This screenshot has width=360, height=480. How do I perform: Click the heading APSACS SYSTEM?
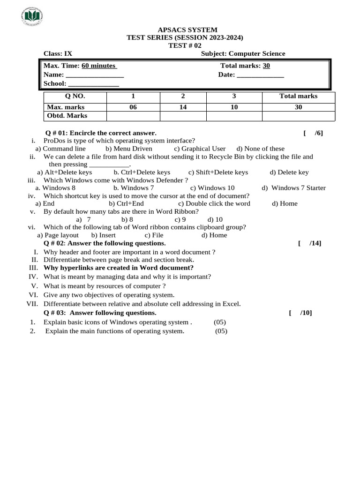pyautogui.click(x=187, y=30)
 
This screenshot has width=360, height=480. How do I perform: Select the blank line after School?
pyautogui.click(x=93, y=84)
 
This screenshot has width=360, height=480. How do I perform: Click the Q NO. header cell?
pyautogui.click(x=75, y=97)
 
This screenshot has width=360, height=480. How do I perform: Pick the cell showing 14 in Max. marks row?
pyautogui.click(x=183, y=107)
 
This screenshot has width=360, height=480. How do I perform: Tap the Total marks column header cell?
pyautogui.click(x=298, y=97)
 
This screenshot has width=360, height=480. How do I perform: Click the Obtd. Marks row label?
pyautogui.click(x=67, y=116)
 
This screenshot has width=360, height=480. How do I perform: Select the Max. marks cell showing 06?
pyautogui.click(x=133, y=107)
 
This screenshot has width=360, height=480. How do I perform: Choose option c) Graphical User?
pyautogui.click(x=200, y=149)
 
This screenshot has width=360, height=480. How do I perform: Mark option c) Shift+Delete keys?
pyautogui.click(x=218, y=172)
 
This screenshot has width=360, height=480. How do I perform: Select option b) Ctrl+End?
pyautogui.click(x=126, y=203)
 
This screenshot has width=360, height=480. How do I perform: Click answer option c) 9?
pyautogui.click(x=180, y=219)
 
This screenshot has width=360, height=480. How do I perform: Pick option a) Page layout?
pyautogui.click(x=58, y=235)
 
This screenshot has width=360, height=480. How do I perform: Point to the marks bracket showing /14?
pyautogui.click(x=309, y=243)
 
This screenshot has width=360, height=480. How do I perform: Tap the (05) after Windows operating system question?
pyautogui.click(x=220, y=322)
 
